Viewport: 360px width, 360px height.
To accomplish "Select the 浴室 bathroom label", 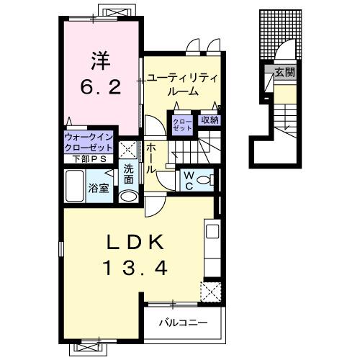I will point(98,189).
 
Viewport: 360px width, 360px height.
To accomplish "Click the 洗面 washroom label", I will point(127,174).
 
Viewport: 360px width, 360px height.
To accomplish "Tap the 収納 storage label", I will point(210,120).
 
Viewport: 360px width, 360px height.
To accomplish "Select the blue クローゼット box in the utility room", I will point(180,124).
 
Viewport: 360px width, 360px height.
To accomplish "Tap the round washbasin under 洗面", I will point(128,195).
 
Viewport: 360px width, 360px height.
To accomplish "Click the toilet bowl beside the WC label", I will point(204,179).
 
